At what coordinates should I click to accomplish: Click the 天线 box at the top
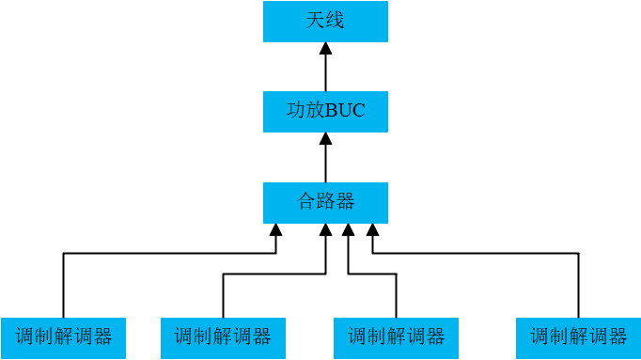pos(325,22)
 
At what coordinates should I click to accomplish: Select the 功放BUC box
pos(325,112)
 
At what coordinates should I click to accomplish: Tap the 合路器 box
pos(325,202)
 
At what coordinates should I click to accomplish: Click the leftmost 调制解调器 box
pos(63,338)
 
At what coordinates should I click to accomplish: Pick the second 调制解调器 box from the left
pos(223,338)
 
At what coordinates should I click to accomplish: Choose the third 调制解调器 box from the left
pos(396,338)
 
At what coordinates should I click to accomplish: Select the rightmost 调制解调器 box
pos(578,338)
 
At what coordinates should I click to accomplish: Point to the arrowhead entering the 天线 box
pos(325,48)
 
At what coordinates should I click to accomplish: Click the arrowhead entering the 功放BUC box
pos(325,138)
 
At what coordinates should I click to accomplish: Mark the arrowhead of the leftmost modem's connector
pos(275,229)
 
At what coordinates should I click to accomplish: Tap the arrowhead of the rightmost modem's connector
pos(373,229)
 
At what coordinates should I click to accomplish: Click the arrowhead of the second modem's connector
pos(325,229)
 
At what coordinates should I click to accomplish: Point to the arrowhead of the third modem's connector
pos(349,229)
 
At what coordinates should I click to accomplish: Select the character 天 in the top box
pos(315,21)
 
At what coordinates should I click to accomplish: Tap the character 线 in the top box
pos(335,21)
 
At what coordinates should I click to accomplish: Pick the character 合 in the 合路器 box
pos(306,202)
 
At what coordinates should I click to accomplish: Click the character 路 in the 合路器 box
pos(325,202)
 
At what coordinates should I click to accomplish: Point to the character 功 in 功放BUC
pos(295,112)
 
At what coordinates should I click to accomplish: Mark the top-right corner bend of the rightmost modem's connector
pos(578,253)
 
